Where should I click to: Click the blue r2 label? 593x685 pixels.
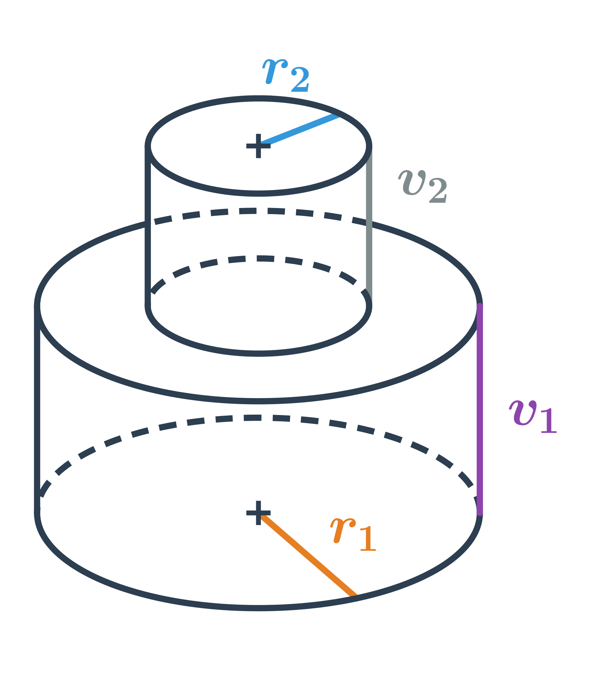286,76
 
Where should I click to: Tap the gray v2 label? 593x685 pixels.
423,186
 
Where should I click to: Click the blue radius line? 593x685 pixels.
299,130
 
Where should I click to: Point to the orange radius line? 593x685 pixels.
307,555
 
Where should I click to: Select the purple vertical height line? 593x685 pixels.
480,410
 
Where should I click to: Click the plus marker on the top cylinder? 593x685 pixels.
259,146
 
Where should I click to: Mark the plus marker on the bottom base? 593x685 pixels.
259,513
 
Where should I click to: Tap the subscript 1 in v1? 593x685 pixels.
549,421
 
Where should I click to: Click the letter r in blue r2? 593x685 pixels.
275,71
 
